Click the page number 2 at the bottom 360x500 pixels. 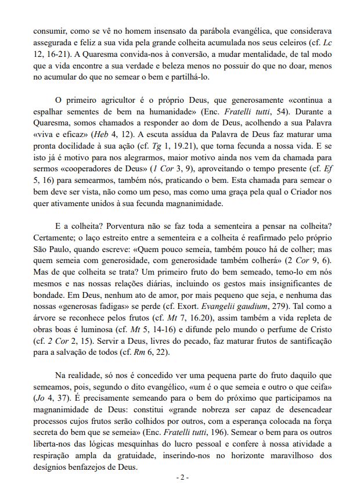pos(181,477)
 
